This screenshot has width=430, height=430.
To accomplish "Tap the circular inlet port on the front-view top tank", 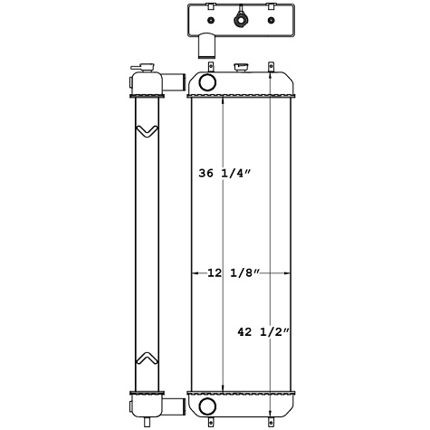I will [x=205, y=83].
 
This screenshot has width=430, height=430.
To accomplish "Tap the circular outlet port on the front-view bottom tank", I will [x=205, y=404].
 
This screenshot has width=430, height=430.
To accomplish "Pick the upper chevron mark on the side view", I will [x=145, y=132].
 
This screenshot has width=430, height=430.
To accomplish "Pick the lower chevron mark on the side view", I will [x=145, y=357].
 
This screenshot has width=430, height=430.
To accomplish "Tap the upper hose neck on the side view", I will [x=166, y=82].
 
